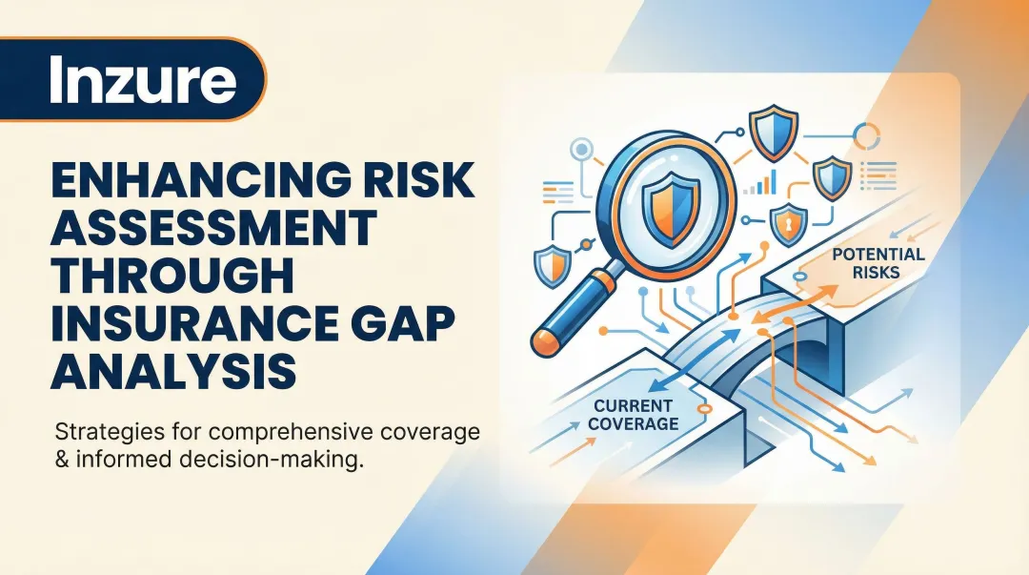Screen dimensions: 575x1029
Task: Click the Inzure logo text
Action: [x=142, y=80]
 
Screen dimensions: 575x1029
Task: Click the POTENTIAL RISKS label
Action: [x=878, y=263]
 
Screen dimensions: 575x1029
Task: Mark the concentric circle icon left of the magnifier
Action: [x=579, y=150]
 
